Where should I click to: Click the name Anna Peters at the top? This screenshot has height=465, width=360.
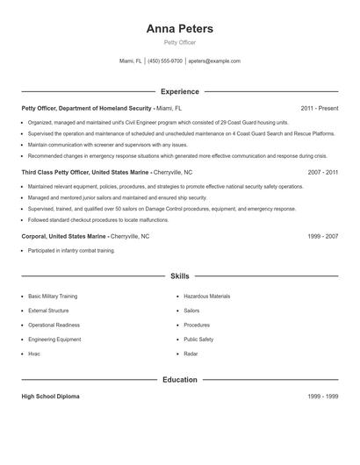click(x=180, y=29)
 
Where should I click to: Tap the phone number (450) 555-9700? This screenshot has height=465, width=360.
click(x=165, y=61)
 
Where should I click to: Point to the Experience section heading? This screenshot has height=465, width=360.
click(x=180, y=91)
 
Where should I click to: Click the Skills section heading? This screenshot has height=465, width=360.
click(x=180, y=275)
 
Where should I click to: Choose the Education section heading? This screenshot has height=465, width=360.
click(x=180, y=380)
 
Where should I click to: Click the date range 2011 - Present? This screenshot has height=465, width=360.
click(x=320, y=108)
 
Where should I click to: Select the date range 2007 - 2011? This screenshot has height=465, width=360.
click(x=323, y=173)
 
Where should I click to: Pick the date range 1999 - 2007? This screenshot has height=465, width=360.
click(x=323, y=237)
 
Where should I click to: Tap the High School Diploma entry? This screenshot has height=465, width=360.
click(x=50, y=397)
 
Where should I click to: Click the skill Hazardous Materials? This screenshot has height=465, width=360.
click(x=206, y=297)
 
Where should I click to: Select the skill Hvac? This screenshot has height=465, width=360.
click(x=34, y=354)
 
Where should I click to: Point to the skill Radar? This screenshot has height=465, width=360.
click(x=191, y=354)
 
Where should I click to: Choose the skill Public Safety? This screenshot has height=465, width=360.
click(x=198, y=339)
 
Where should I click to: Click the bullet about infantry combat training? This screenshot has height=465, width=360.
click(x=71, y=251)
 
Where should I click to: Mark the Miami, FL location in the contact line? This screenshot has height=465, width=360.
click(x=130, y=61)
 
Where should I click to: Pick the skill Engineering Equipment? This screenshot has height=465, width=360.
click(x=54, y=339)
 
